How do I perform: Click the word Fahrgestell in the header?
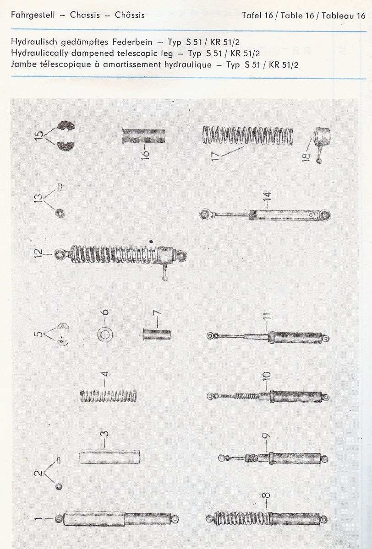point(33,15)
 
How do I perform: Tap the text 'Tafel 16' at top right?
point(257,16)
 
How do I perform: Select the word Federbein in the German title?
point(132,42)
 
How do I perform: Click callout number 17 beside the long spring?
point(215,156)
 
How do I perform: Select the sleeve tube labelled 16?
point(144,136)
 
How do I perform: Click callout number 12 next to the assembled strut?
point(38,253)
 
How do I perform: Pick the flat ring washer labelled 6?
point(105,334)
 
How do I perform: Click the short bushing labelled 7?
point(157,335)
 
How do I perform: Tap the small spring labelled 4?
point(108,396)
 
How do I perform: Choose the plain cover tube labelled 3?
point(109,457)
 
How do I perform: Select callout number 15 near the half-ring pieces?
point(38,135)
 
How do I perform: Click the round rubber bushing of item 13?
point(60,214)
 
